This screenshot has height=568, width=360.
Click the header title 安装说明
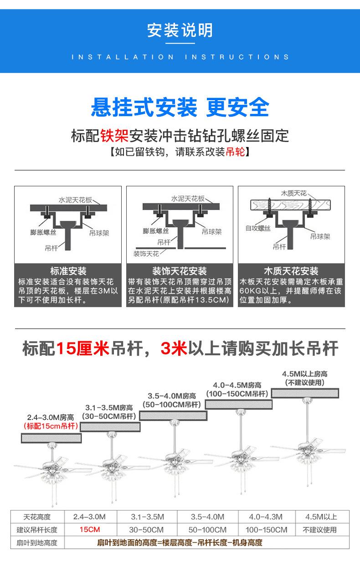point(180,31)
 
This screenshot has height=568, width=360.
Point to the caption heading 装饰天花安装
point(180,271)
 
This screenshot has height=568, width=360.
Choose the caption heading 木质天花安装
point(291,271)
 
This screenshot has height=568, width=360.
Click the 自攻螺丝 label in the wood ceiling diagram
point(258,228)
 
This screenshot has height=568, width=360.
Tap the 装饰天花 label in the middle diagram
point(146,254)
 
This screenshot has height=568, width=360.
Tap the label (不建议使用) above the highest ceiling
point(304,383)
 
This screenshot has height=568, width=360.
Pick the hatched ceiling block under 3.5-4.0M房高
point(173,415)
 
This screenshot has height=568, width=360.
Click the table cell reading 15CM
point(89,530)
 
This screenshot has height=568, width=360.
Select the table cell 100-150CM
point(267,530)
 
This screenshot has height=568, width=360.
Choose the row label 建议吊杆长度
point(37,530)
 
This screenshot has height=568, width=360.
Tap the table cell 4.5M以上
point(321,517)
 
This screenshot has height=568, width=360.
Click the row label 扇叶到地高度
point(37,542)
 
